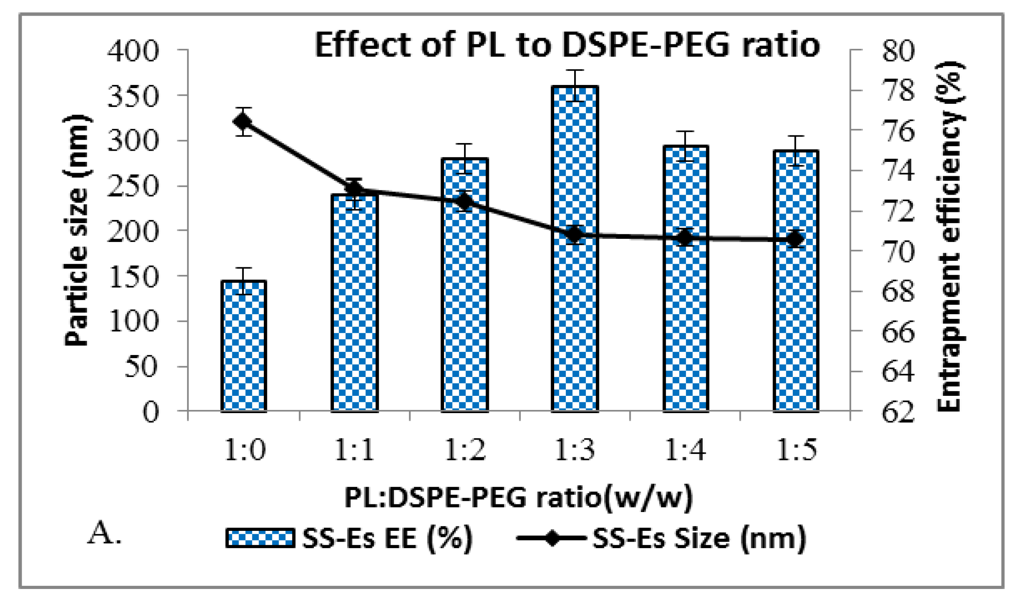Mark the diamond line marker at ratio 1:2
point(464,201)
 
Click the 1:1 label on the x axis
point(354,450)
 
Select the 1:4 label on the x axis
point(685,450)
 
